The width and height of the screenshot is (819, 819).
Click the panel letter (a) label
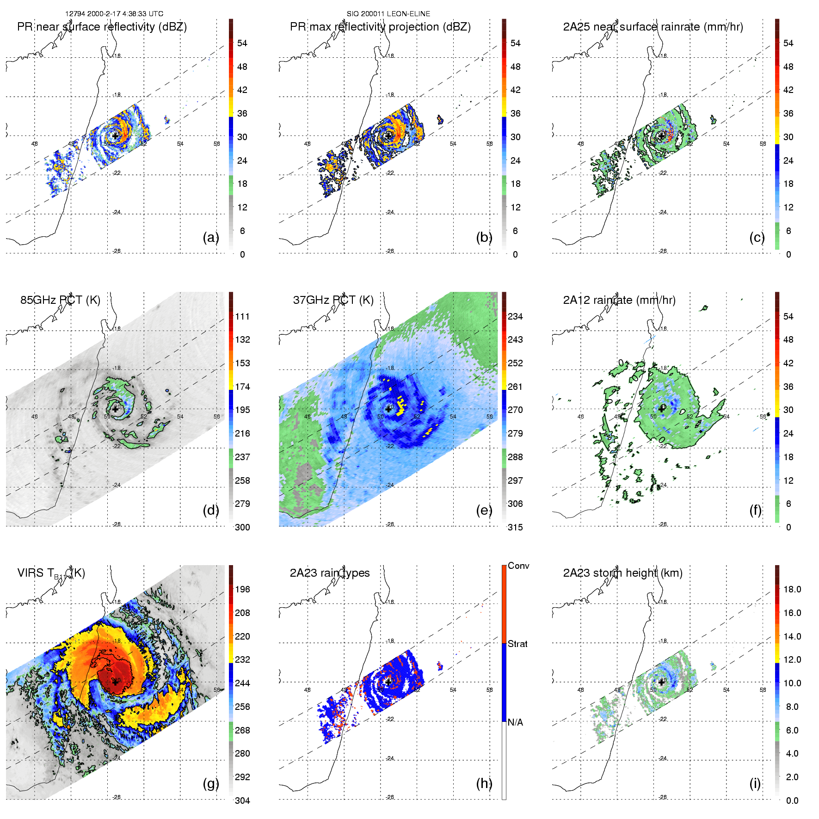[210, 238]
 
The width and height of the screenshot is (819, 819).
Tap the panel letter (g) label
[210, 783]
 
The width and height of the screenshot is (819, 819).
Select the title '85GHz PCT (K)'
[60, 300]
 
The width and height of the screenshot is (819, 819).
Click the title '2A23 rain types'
[330, 573]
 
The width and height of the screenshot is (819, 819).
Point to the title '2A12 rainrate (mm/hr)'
[619, 300]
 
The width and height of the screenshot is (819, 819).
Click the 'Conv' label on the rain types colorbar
[518, 566]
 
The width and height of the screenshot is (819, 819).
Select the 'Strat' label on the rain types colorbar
[517, 644]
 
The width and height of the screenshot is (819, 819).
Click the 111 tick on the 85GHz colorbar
[242, 317]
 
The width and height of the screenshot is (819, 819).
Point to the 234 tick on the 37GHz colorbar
[515, 317]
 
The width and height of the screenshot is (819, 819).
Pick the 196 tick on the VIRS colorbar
[242, 590]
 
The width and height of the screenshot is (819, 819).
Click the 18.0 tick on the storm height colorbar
[792, 590]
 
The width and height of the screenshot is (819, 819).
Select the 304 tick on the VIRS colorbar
[242, 801]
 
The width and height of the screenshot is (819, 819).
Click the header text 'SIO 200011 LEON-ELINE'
[388, 14]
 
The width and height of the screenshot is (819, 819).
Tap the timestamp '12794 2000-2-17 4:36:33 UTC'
[114, 14]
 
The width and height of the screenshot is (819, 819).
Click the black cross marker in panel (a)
[115, 136]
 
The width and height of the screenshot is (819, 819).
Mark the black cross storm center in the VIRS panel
[115, 682]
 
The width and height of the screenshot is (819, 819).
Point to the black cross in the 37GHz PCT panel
[388, 409]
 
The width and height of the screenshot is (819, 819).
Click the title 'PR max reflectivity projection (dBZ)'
[380, 27]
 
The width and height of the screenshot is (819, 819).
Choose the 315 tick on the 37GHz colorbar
[515, 528]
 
